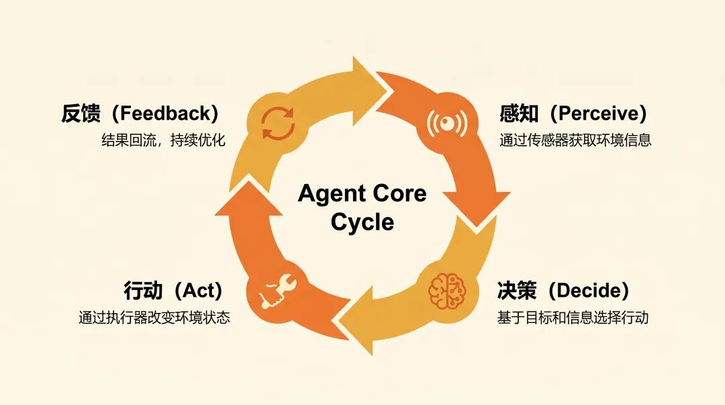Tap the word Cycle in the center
(362, 222)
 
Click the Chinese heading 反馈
(81, 114)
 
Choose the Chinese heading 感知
(519, 114)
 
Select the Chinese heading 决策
(517, 291)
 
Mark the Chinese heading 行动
(144, 291)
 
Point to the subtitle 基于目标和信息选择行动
(573, 317)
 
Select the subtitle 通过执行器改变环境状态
(154, 317)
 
